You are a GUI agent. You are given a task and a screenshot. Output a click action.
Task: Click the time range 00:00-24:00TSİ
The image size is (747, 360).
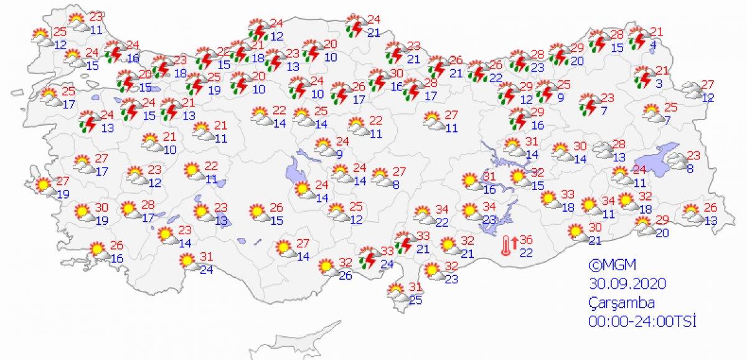[642, 321]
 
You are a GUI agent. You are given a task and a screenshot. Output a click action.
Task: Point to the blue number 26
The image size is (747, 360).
[345, 276]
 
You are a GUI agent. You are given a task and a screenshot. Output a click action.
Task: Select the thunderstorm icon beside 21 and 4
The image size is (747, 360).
[637, 39]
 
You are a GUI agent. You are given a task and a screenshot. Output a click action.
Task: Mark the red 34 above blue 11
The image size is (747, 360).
[608, 202]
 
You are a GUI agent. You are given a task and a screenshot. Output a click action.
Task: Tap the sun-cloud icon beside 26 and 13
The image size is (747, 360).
[690, 213]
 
